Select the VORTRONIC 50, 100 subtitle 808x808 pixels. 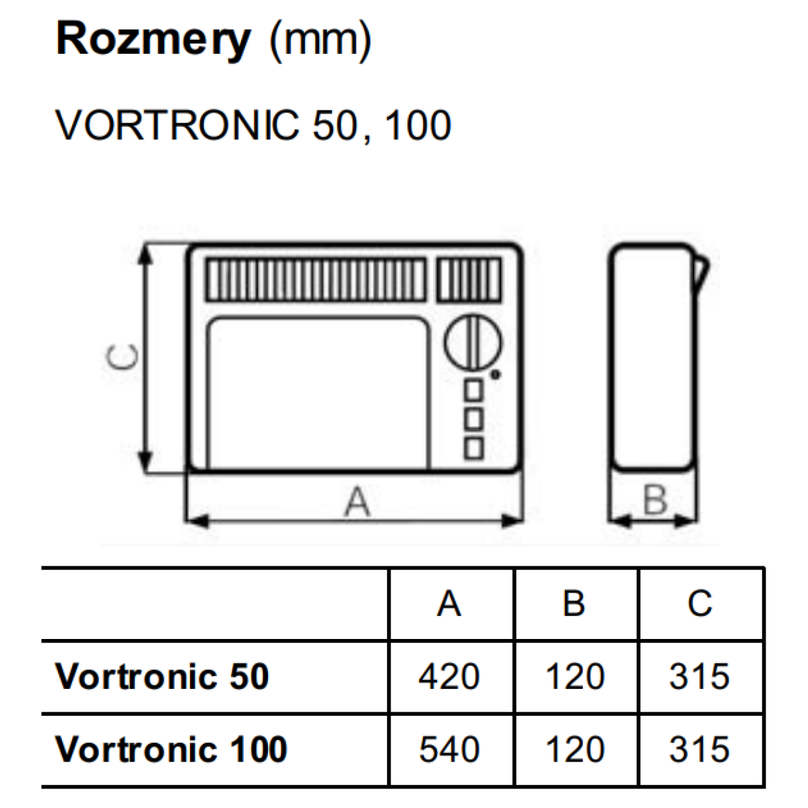[x=253, y=125]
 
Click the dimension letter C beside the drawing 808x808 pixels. [x=123, y=358]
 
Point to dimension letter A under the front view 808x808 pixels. [x=357, y=502]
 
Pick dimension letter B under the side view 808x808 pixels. [x=654, y=500]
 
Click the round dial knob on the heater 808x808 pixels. [x=473, y=343]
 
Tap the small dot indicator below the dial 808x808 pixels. [x=496, y=374]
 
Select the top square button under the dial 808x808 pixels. [x=474, y=390]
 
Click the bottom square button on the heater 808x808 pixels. [x=474, y=448]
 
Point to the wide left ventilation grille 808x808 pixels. [x=316, y=279]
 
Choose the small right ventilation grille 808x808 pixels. [x=470, y=279]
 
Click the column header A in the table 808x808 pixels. [x=449, y=604]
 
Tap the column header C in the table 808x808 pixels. [x=700, y=604]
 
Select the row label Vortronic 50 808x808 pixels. [x=162, y=676]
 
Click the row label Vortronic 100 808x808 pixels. [x=172, y=749]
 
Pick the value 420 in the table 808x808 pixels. [x=449, y=677]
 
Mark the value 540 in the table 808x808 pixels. [x=449, y=749]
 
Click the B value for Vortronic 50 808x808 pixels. [x=574, y=677]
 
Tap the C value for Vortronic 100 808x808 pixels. [x=700, y=749]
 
